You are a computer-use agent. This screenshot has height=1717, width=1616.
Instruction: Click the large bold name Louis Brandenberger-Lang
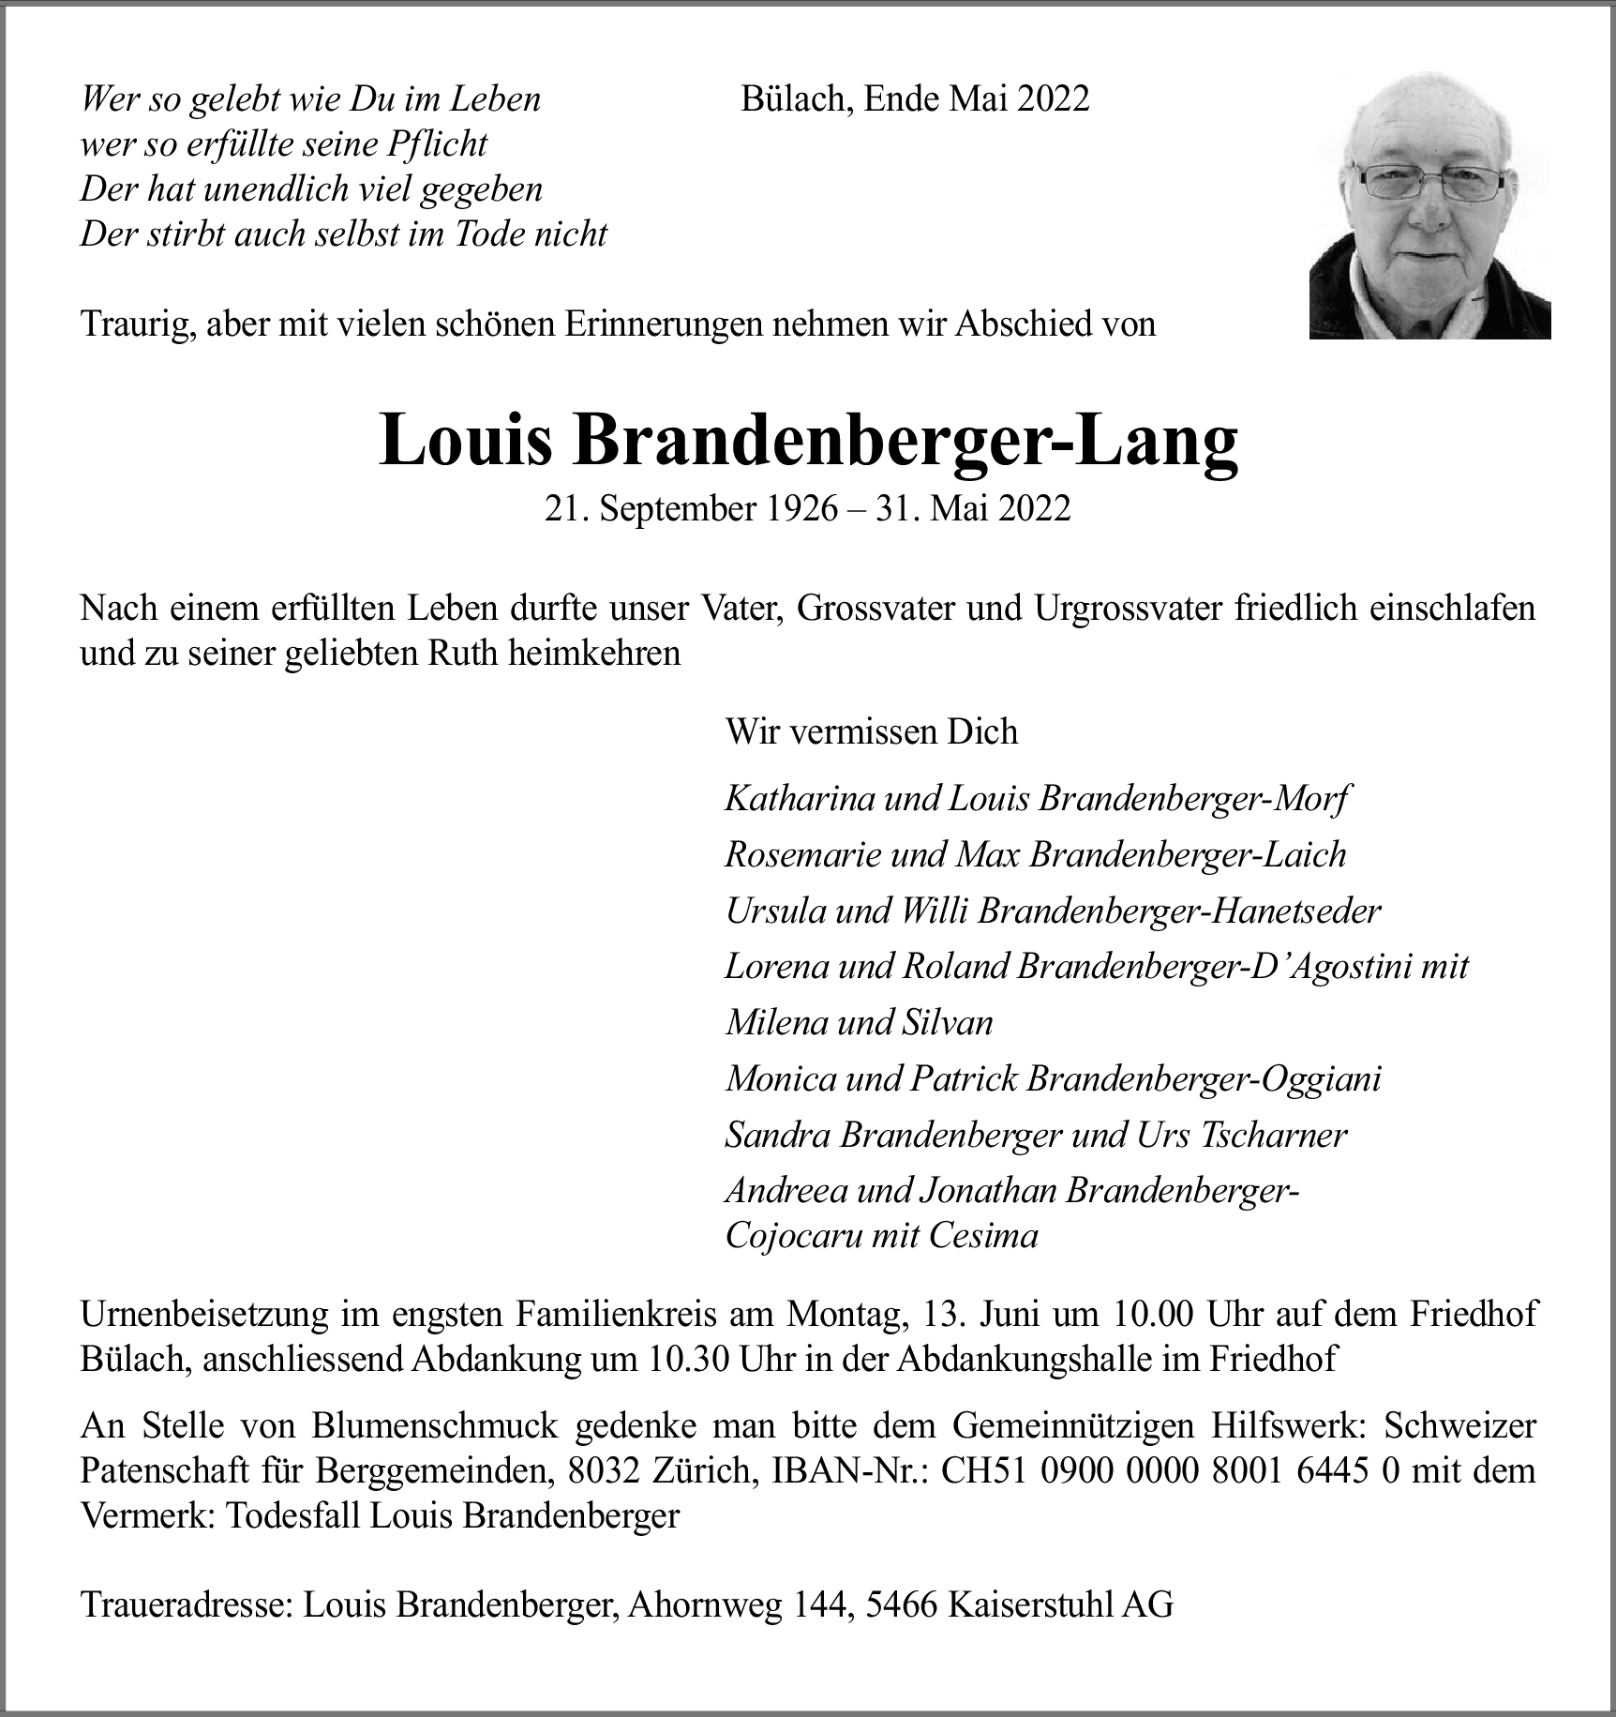coord(808,441)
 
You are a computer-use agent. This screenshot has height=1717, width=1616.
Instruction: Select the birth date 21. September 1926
coord(691,508)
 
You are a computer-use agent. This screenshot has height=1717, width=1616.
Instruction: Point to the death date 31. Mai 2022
coord(973,508)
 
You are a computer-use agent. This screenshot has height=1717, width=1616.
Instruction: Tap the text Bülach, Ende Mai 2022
coord(915,98)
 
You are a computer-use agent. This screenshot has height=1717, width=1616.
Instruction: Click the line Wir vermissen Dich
coord(871,731)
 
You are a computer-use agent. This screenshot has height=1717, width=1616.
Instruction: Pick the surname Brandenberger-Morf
coord(1194,799)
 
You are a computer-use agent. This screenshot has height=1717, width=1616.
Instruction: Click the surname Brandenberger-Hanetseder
coord(1179,911)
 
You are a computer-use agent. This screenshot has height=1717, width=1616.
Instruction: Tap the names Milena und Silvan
coord(859,1022)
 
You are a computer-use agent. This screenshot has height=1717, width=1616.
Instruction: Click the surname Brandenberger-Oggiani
coord(1204,1079)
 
